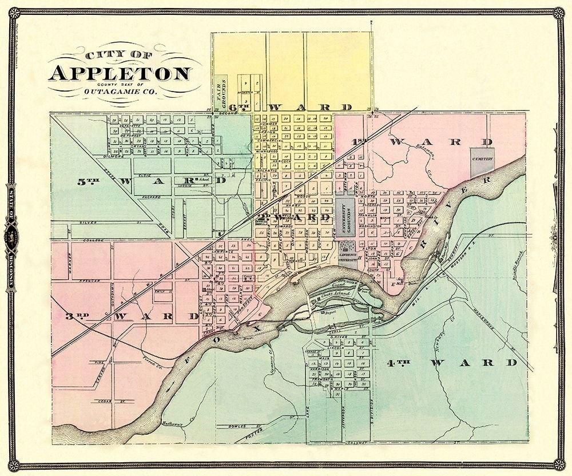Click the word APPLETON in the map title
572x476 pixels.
120,74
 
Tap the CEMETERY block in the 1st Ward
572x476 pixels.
482,162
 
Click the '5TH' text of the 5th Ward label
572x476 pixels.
89,182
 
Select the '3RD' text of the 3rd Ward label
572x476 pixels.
76,316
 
